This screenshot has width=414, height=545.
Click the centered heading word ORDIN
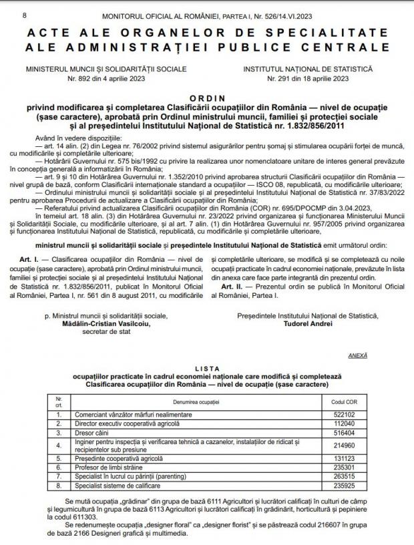point(206,97)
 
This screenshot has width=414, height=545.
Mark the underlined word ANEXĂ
point(357,356)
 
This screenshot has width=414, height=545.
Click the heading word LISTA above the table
point(206,369)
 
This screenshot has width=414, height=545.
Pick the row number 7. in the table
point(59,479)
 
